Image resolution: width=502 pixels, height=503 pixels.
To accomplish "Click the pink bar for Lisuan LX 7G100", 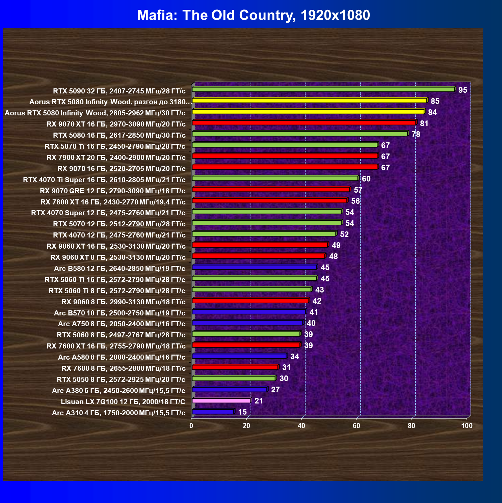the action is click(x=221, y=400).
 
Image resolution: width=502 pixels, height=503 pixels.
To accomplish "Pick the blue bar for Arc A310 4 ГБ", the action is click(x=213, y=412).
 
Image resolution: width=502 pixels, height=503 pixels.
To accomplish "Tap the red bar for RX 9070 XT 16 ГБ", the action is click(x=305, y=122).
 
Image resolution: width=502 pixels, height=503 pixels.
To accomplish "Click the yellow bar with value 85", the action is click(x=310, y=101).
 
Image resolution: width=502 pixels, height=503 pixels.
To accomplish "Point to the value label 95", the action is click(x=463, y=90).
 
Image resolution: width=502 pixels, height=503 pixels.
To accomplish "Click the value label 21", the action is click(x=259, y=401).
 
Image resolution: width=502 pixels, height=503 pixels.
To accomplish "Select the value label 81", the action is click(x=424, y=123).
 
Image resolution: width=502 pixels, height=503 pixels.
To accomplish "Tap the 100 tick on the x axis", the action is click(x=467, y=426).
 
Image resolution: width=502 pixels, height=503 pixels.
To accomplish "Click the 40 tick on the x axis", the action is click(x=301, y=426).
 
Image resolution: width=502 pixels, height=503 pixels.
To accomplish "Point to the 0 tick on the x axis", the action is click(x=191, y=426).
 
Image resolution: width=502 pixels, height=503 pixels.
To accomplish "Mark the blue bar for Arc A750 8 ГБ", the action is click(x=248, y=323).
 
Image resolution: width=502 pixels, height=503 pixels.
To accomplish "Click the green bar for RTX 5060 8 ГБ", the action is click(x=246, y=334).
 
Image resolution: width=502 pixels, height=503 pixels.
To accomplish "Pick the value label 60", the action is click(x=366, y=179).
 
